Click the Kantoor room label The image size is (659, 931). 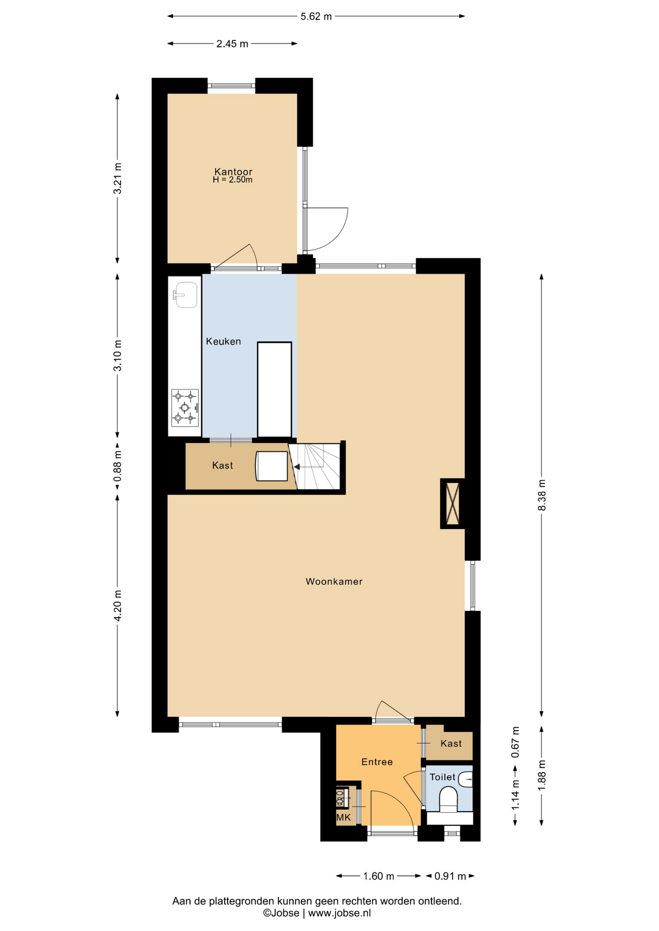point(233,172)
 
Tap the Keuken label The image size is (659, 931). point(223,341)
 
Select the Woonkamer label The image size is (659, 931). point(334,581)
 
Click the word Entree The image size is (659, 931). point(377,762)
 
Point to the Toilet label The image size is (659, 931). point(443,777)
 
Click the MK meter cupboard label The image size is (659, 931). point(344,818)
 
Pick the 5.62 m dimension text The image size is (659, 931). point(316,16)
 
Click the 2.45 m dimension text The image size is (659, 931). point(232,44)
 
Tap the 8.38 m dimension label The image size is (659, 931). point(542,495)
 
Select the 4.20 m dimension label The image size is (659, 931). point(117,606)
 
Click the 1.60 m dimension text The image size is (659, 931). point(379,876)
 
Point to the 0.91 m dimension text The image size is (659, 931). point(450,876)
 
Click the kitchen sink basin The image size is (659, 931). point(186,295)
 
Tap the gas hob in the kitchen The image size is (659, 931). point(185,408)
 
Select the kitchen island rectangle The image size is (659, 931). point(275,390)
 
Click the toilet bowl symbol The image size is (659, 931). point(448,799)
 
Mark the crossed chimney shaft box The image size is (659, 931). point(453,503)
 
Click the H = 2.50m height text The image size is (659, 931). point(232,180)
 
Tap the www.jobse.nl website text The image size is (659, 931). point(340,913)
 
